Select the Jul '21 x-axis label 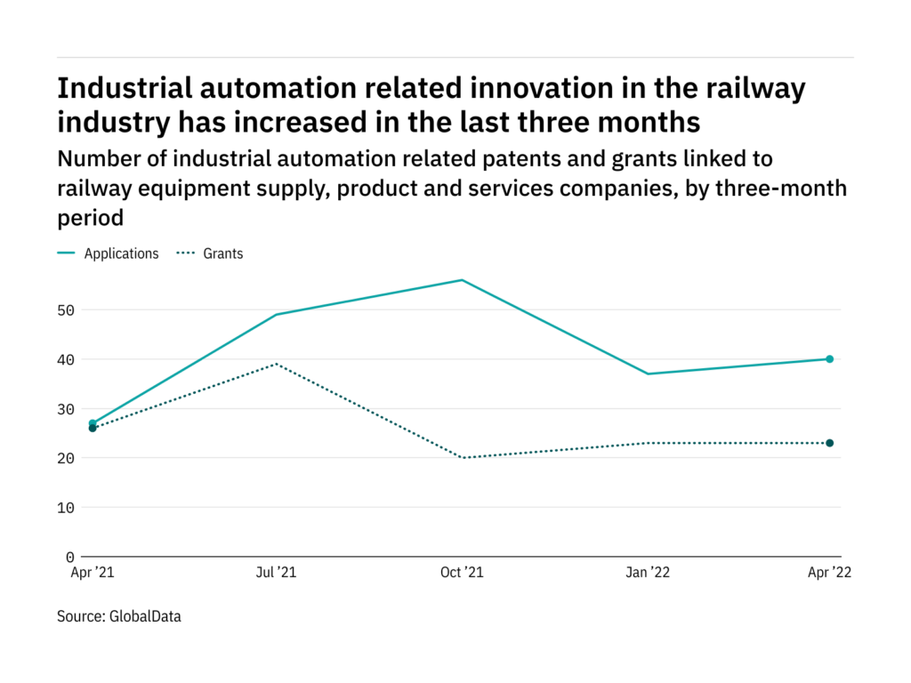(x=277, y=573)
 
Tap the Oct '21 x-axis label (x=463, y=573)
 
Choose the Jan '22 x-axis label (x=646, y=573)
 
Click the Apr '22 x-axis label (x=829, y=573)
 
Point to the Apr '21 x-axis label (x=93, y=573)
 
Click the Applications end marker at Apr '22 (x=829, y=359)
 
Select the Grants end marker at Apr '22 (x=829, y=443)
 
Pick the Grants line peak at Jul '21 (x=278, y=364)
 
